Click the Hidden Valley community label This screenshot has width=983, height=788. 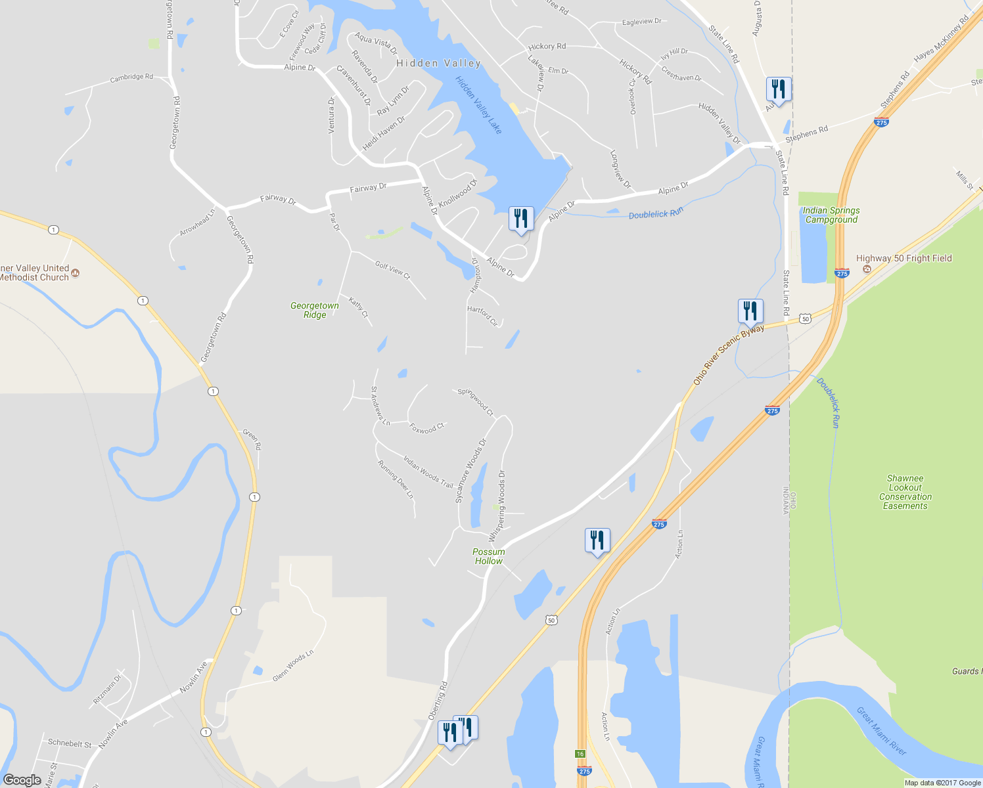pos(438,63)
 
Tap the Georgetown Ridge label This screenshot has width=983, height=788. pos(315,310)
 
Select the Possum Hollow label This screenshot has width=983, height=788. pos(489,556)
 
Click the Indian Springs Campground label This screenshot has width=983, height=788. pos(831,215)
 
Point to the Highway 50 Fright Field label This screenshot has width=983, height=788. pos(903,259)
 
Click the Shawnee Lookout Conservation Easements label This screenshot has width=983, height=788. pos(905,492)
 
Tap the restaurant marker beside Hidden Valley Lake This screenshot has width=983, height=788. pos(521,219)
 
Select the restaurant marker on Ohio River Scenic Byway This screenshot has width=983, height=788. pos(750,311)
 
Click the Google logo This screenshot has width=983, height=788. pos(22,780)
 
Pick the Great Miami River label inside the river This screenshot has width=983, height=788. pos(881,731)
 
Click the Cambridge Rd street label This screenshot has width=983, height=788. pos(131,77)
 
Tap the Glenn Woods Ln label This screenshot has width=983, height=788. pos(293,666)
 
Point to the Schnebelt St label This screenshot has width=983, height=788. pos(70,743)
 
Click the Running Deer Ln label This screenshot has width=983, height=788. pos(396,479)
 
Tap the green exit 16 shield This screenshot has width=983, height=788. pos(580,754)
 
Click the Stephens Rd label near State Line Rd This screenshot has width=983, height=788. pos(806,133)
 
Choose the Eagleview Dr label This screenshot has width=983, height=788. pos(641,22)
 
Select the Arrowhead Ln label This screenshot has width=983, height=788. pos(198,223)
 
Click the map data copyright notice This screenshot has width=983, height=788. pos(942,783)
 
